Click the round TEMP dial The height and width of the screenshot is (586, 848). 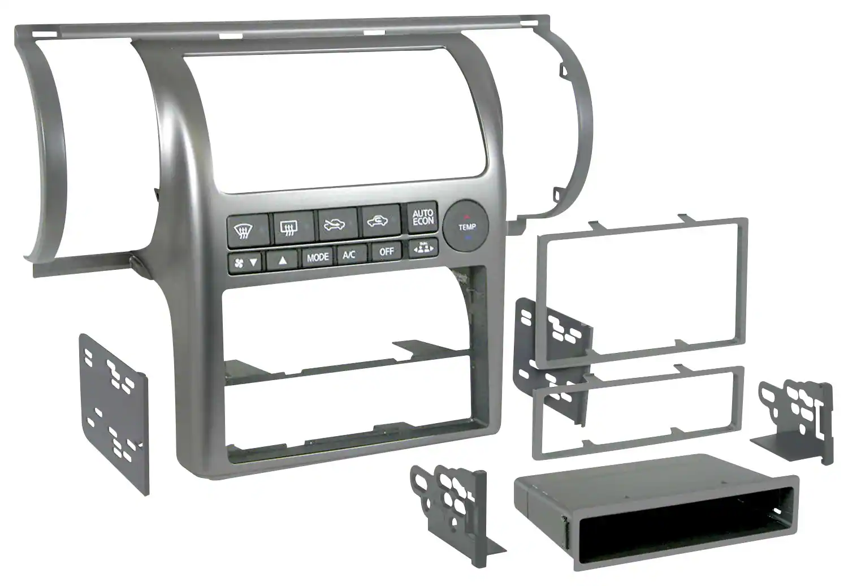[x=466, y=226]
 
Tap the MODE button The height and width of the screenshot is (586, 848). [x=318, y=257]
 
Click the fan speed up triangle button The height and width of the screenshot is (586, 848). [x=282, y=260]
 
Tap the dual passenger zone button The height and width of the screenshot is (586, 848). [x=423, y=248]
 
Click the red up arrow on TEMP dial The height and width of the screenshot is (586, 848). [x=466, y=217]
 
